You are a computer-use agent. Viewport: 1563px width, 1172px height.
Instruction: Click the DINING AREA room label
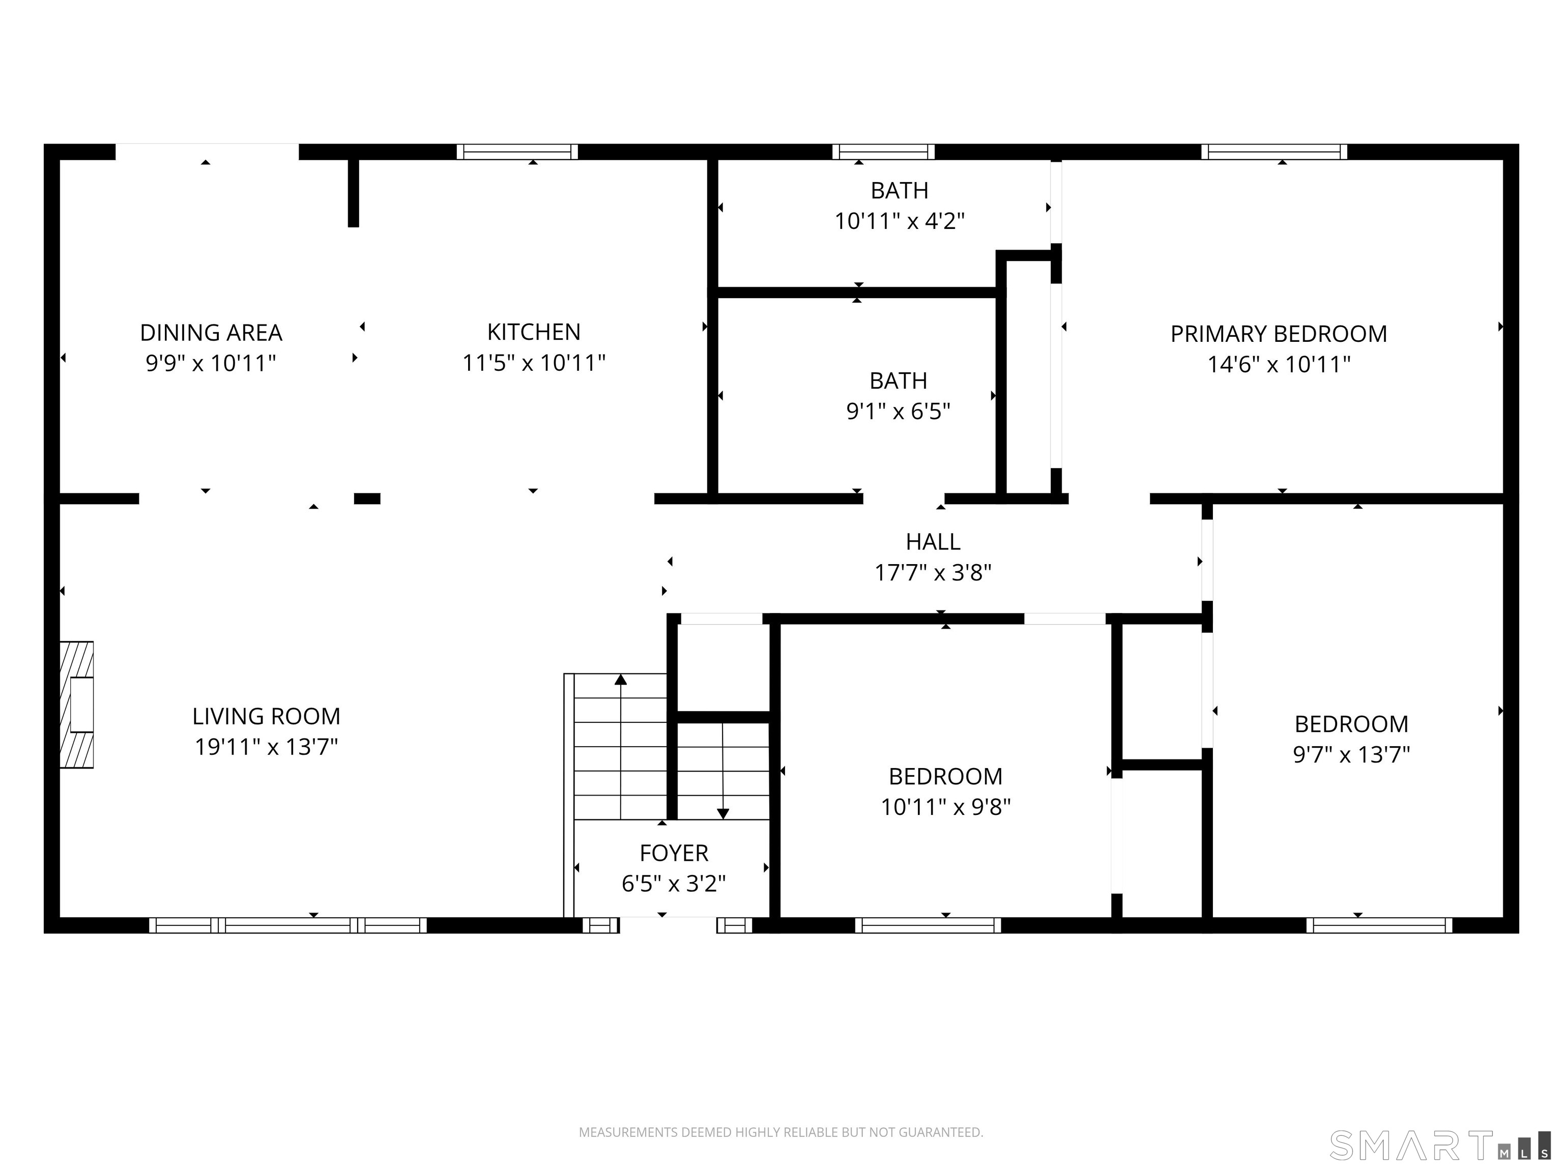211,332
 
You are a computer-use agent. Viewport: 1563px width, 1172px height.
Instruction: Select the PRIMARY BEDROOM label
1278,334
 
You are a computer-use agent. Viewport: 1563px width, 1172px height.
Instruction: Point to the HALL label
933,542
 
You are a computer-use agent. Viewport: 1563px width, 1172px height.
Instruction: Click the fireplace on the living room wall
77,705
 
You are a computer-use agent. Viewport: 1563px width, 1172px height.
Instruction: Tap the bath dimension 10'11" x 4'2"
899,221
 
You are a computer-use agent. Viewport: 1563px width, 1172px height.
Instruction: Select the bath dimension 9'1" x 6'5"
898,411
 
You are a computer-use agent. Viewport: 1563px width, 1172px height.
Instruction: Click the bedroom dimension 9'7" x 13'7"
1351,754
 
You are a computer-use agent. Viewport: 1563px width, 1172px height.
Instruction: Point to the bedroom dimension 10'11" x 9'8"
945,807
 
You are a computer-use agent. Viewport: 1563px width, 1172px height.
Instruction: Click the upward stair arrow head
620,680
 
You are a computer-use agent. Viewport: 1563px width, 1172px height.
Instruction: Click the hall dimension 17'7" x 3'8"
933,572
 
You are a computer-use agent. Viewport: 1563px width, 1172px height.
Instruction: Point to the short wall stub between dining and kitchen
353,192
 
